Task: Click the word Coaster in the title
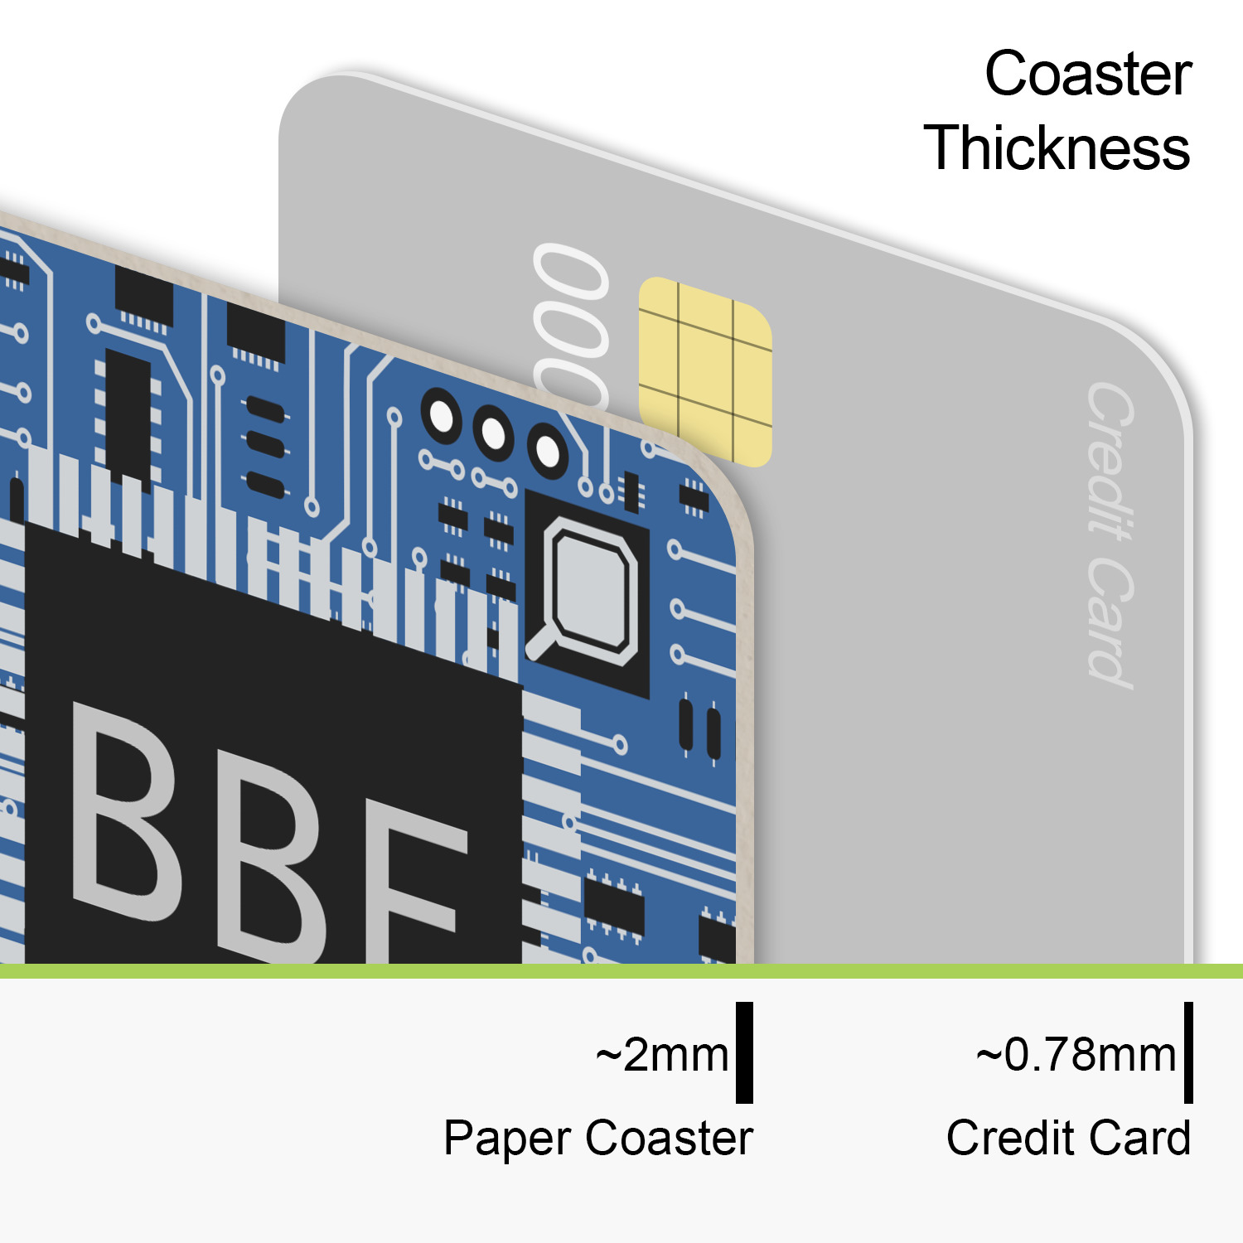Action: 1088,75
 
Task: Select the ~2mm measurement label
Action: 662,1055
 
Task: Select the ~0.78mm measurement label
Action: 1076,1055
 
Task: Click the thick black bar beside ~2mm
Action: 744,1052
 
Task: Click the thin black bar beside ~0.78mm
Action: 1188,1052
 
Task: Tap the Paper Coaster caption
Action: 598,1138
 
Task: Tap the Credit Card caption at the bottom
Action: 1068,1138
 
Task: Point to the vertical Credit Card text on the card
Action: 1110,534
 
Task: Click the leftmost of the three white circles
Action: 442,417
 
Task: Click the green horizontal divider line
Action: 621,970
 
